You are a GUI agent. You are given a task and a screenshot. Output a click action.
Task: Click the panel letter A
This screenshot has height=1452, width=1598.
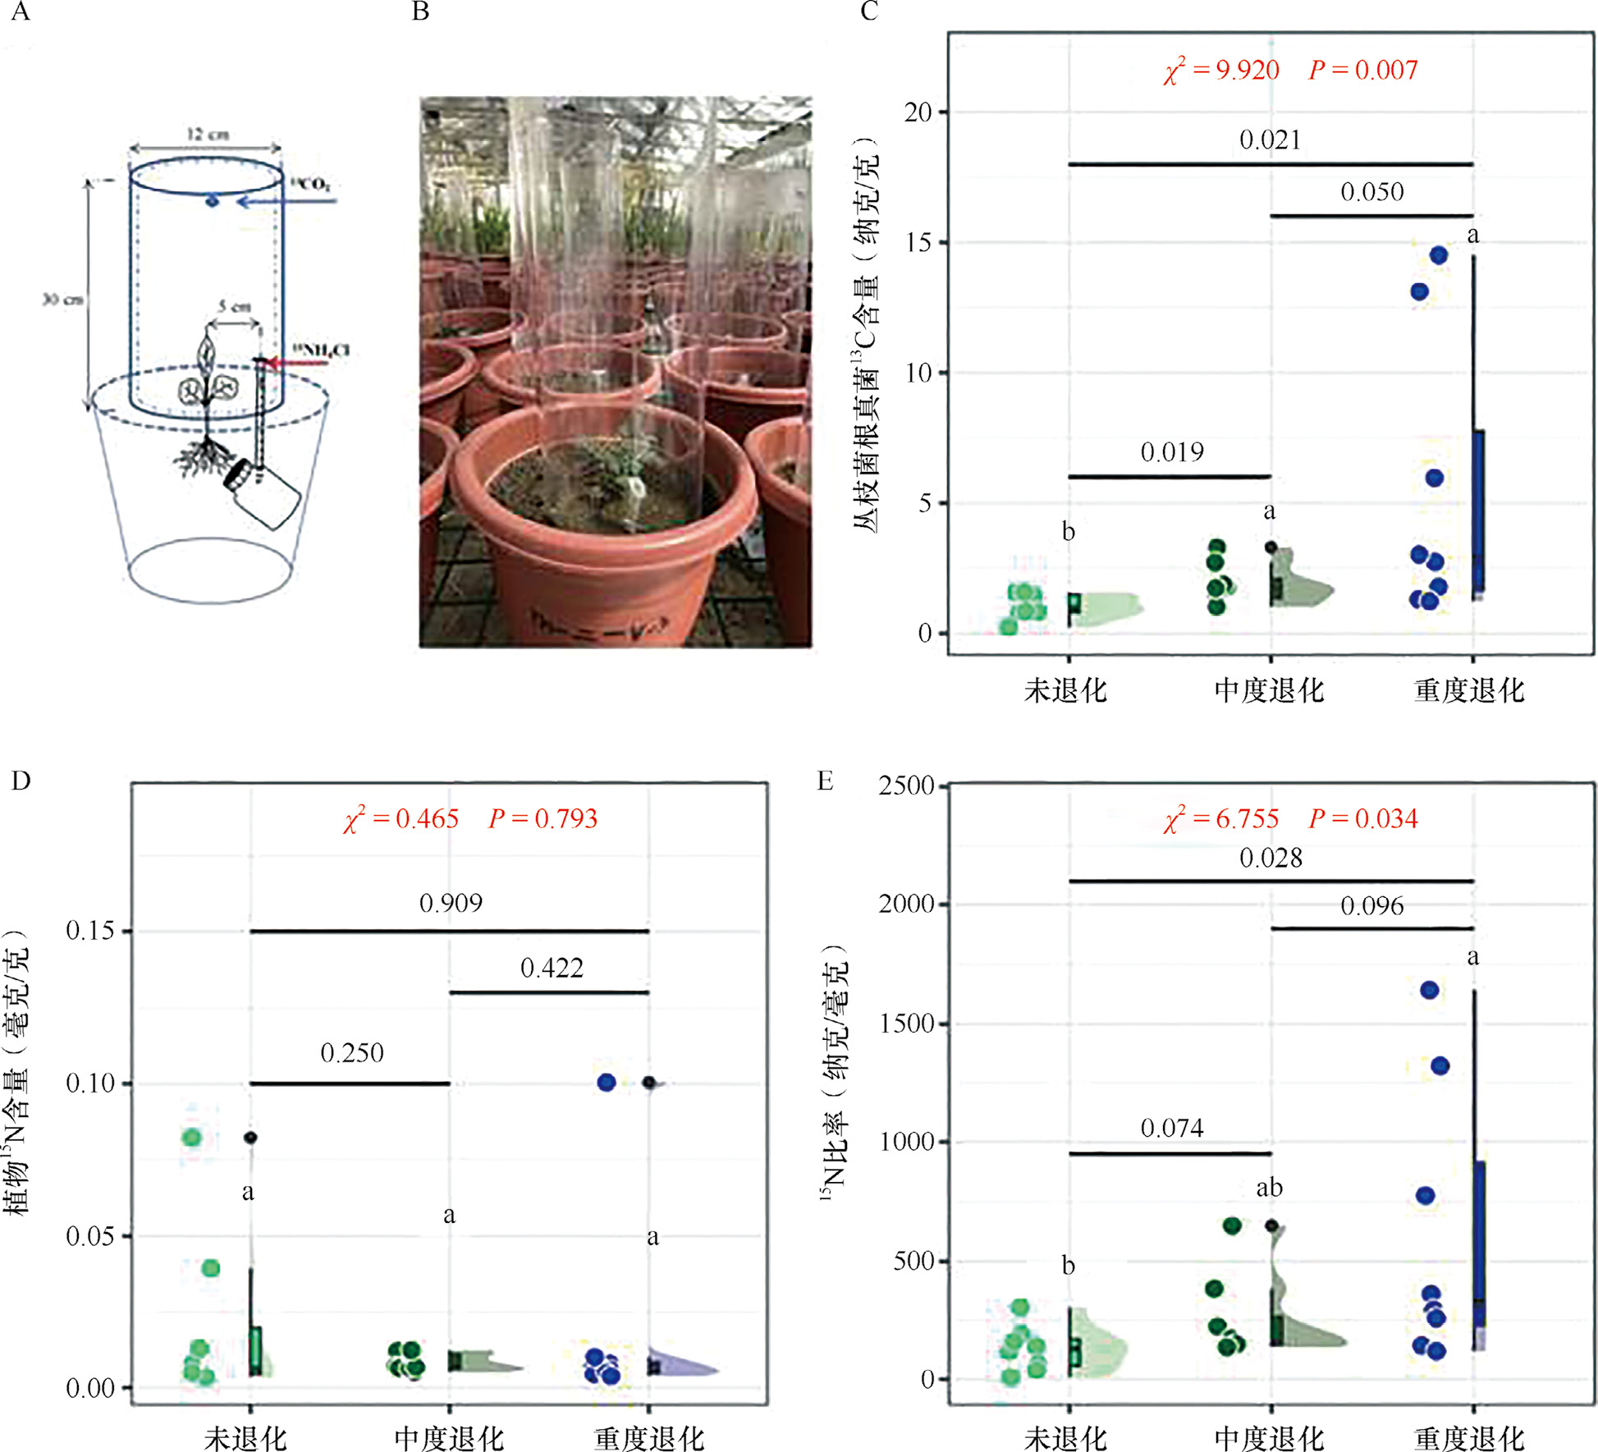click(21, 11)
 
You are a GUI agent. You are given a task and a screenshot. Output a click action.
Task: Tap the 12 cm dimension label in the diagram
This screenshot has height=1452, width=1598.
click(207, 134)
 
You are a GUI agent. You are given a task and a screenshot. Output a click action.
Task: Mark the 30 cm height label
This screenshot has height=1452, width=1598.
click(63, 300)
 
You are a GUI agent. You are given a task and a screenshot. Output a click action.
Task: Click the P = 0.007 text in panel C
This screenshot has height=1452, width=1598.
click(1363, 71)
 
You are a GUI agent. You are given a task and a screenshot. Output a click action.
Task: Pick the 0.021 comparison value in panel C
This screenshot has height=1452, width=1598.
click(1270, 140)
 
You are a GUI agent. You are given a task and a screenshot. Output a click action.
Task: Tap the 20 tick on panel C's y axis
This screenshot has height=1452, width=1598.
click(918, 112)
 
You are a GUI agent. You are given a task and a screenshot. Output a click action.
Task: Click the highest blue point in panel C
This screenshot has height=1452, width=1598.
click(1438, 255)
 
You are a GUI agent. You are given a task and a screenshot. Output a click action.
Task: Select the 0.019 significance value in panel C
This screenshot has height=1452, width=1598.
click(1172, 452)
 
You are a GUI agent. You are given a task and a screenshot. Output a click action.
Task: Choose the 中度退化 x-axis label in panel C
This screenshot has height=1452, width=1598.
click(1269, 690)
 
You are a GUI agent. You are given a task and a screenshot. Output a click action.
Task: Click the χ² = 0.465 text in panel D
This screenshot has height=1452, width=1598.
click(401, 819)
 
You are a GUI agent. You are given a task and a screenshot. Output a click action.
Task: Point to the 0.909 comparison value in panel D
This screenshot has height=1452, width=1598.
click(451, 904)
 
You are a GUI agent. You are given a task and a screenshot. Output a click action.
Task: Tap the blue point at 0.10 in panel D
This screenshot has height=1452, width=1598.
click(607, 1083)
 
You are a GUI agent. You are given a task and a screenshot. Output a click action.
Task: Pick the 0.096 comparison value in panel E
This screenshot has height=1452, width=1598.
click(1371, 906)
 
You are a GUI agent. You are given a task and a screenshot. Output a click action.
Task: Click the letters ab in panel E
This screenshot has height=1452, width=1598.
click(1269, 1188)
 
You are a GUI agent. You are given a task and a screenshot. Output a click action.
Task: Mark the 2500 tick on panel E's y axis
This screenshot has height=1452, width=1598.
click(906, 786)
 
